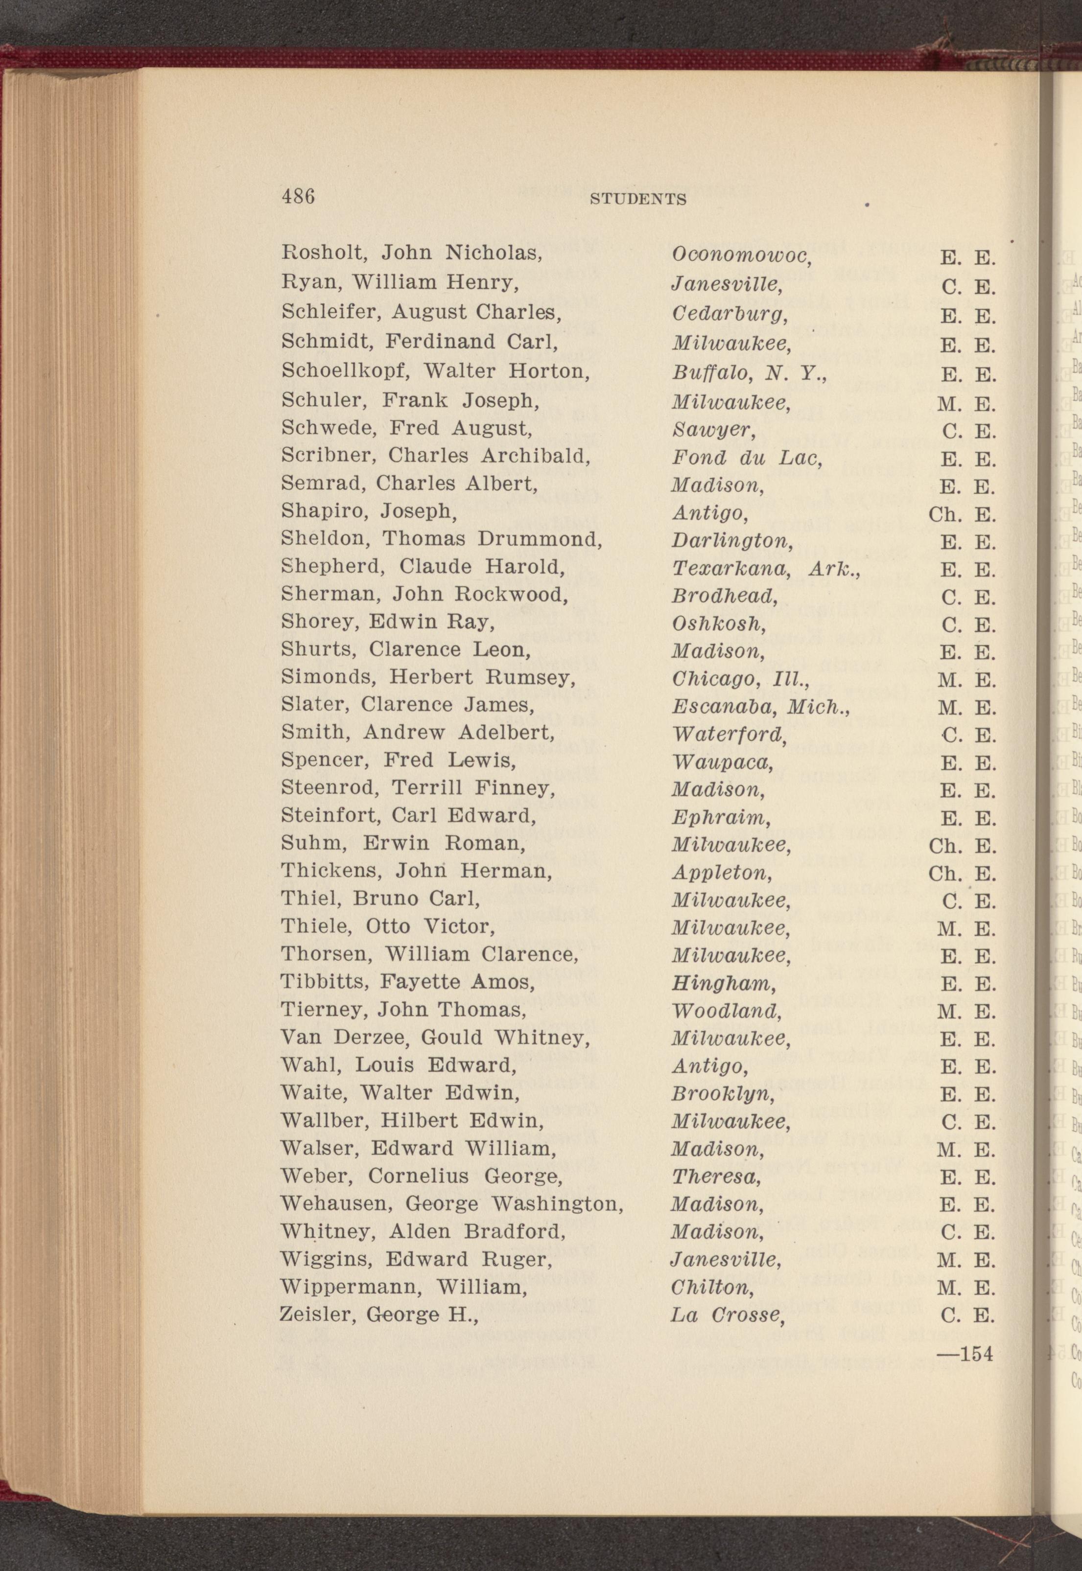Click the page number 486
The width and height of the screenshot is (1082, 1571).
coord(298,197)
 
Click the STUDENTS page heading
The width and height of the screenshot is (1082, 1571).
coord(638,199)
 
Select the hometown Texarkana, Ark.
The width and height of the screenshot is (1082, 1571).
coord(765,571)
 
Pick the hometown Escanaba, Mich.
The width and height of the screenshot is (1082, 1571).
coord(759,708)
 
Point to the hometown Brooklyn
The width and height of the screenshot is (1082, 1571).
coord(722,1094)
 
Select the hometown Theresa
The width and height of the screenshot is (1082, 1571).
coord(716,1177)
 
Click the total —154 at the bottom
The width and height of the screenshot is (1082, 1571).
coord(964,1354)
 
